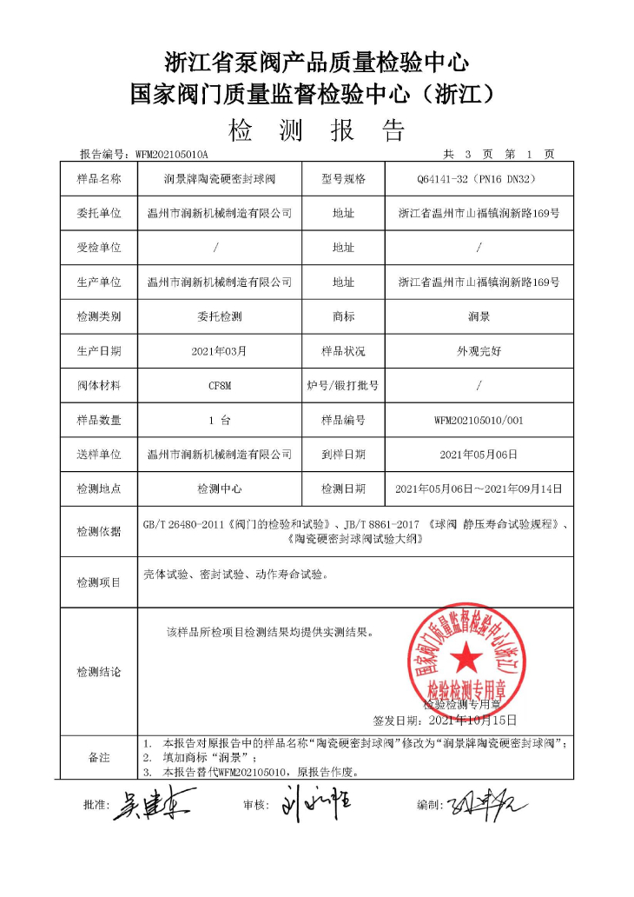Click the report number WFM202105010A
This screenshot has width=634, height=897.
172,154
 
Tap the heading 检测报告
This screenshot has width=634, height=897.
317,130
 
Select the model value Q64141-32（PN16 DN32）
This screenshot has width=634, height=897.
479,179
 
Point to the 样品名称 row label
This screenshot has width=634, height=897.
99,179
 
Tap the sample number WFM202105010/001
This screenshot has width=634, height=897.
479,420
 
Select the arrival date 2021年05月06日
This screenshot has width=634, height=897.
479,455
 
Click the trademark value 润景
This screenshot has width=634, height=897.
479,316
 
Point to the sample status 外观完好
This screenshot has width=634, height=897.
479,351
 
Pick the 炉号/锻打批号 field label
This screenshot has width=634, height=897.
343,385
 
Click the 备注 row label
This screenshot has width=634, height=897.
99,757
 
